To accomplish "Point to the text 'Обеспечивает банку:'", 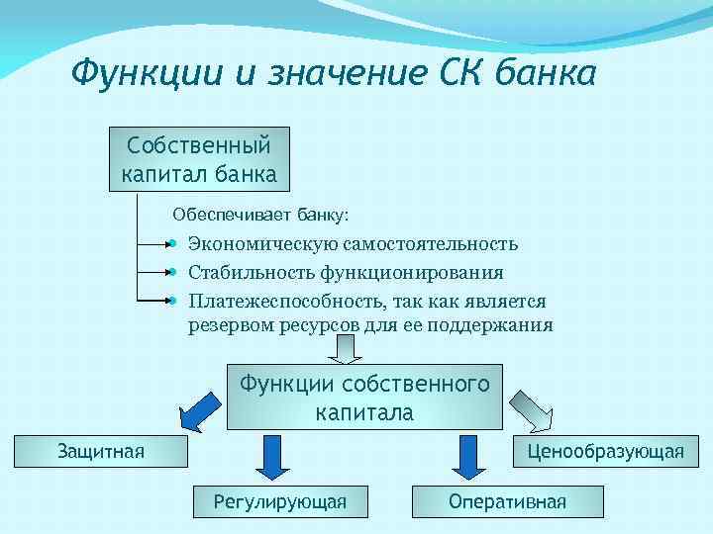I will pyautogui.click(x=260, y=214).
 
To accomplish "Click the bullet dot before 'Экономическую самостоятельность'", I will pyautogui.click(x=172, y=242).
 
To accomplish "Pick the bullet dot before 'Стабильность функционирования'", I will pyautogui.click(x=172, y=271).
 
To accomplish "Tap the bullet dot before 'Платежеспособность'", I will pyautogui.click(x=172, y=299).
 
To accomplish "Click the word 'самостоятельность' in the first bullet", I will pyautogui.click(x=430, y=243).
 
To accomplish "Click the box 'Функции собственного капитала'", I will pyautogui.click(x=363, y=398).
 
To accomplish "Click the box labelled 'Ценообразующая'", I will pyautogui.click(x=605, y=452).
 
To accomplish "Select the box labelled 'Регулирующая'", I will pyautogui.click(x=280, y=501).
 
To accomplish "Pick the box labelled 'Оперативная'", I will pyautogui.click(x=507, y=501).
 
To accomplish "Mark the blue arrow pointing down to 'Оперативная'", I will pyautogui.click(x=464, y=456).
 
